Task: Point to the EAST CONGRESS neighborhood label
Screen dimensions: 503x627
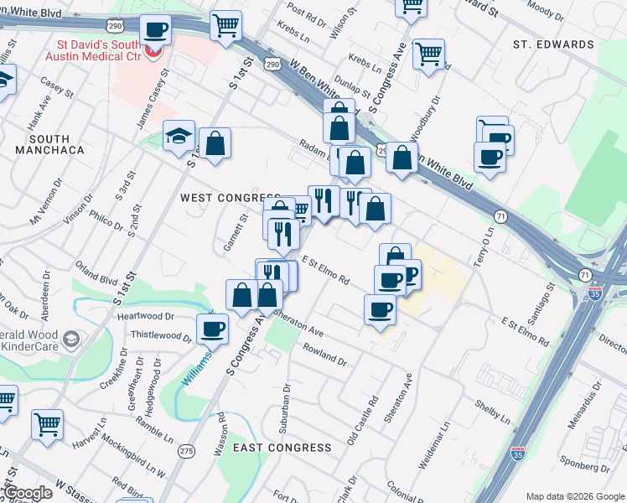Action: click(282, 448)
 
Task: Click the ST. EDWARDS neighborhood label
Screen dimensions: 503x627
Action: click(553, 44)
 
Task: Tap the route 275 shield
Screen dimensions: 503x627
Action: click(186, 451)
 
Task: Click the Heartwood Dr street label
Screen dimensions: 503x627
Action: click(145, 317)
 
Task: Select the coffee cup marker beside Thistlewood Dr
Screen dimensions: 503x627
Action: click(212, 329)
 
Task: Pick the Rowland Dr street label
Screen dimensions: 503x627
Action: click(324, 355)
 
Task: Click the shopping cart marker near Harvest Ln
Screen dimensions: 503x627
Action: click(48, 423)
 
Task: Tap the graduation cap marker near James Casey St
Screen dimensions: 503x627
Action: click(178, 137)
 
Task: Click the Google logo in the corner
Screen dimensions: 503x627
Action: click(28, 493)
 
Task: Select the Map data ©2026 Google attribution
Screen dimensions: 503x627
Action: click(574, 495)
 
